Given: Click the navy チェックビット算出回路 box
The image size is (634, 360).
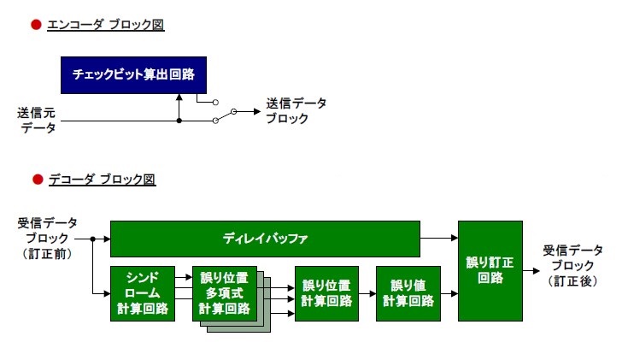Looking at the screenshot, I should (133, 75).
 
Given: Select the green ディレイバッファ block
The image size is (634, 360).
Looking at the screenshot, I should (265, 239).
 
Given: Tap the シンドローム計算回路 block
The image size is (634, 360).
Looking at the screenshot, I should (142, 293).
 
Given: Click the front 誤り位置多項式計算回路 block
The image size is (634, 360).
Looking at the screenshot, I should (225, 293).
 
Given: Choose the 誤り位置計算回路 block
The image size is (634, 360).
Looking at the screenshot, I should (326, 293).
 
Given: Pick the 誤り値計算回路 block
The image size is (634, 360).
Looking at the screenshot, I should (408, 293).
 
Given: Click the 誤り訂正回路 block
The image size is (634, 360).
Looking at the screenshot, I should (490, 270).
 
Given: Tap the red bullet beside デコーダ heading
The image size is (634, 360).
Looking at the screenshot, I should (36, 180).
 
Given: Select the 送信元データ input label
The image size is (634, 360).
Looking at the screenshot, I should (38, 121).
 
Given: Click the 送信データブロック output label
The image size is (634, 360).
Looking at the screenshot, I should (296, 111).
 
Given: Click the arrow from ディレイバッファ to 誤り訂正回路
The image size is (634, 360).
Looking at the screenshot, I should (439, 239).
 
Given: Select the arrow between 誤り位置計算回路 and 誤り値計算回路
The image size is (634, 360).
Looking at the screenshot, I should (367, 293).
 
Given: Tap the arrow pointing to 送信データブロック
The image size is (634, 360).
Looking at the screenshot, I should (249, 111).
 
